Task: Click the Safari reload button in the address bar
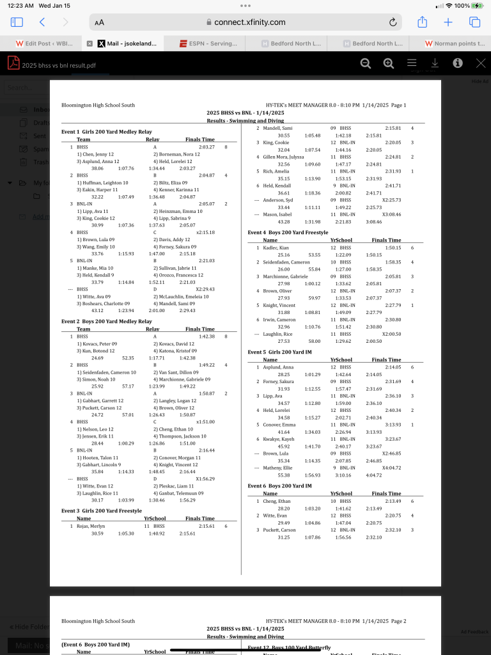(x=393, y=22)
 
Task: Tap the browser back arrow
(x=42, y=22)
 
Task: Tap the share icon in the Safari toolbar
(x=422, y=22)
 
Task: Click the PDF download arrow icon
(x=435, y=63)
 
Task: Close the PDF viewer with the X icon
(x=481, y=63)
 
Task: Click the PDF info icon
(x=458, y=63)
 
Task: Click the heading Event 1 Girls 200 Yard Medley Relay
(x=107, y=132)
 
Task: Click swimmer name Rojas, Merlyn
(x=91, y=526)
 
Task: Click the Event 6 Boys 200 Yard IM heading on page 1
(x=279, y=486)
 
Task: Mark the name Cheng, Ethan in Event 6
(x=277, y=501)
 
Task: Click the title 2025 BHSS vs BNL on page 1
(x=245, y=113)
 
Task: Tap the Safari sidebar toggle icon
(x=17, y=22)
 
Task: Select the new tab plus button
(x=448, y=22)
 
